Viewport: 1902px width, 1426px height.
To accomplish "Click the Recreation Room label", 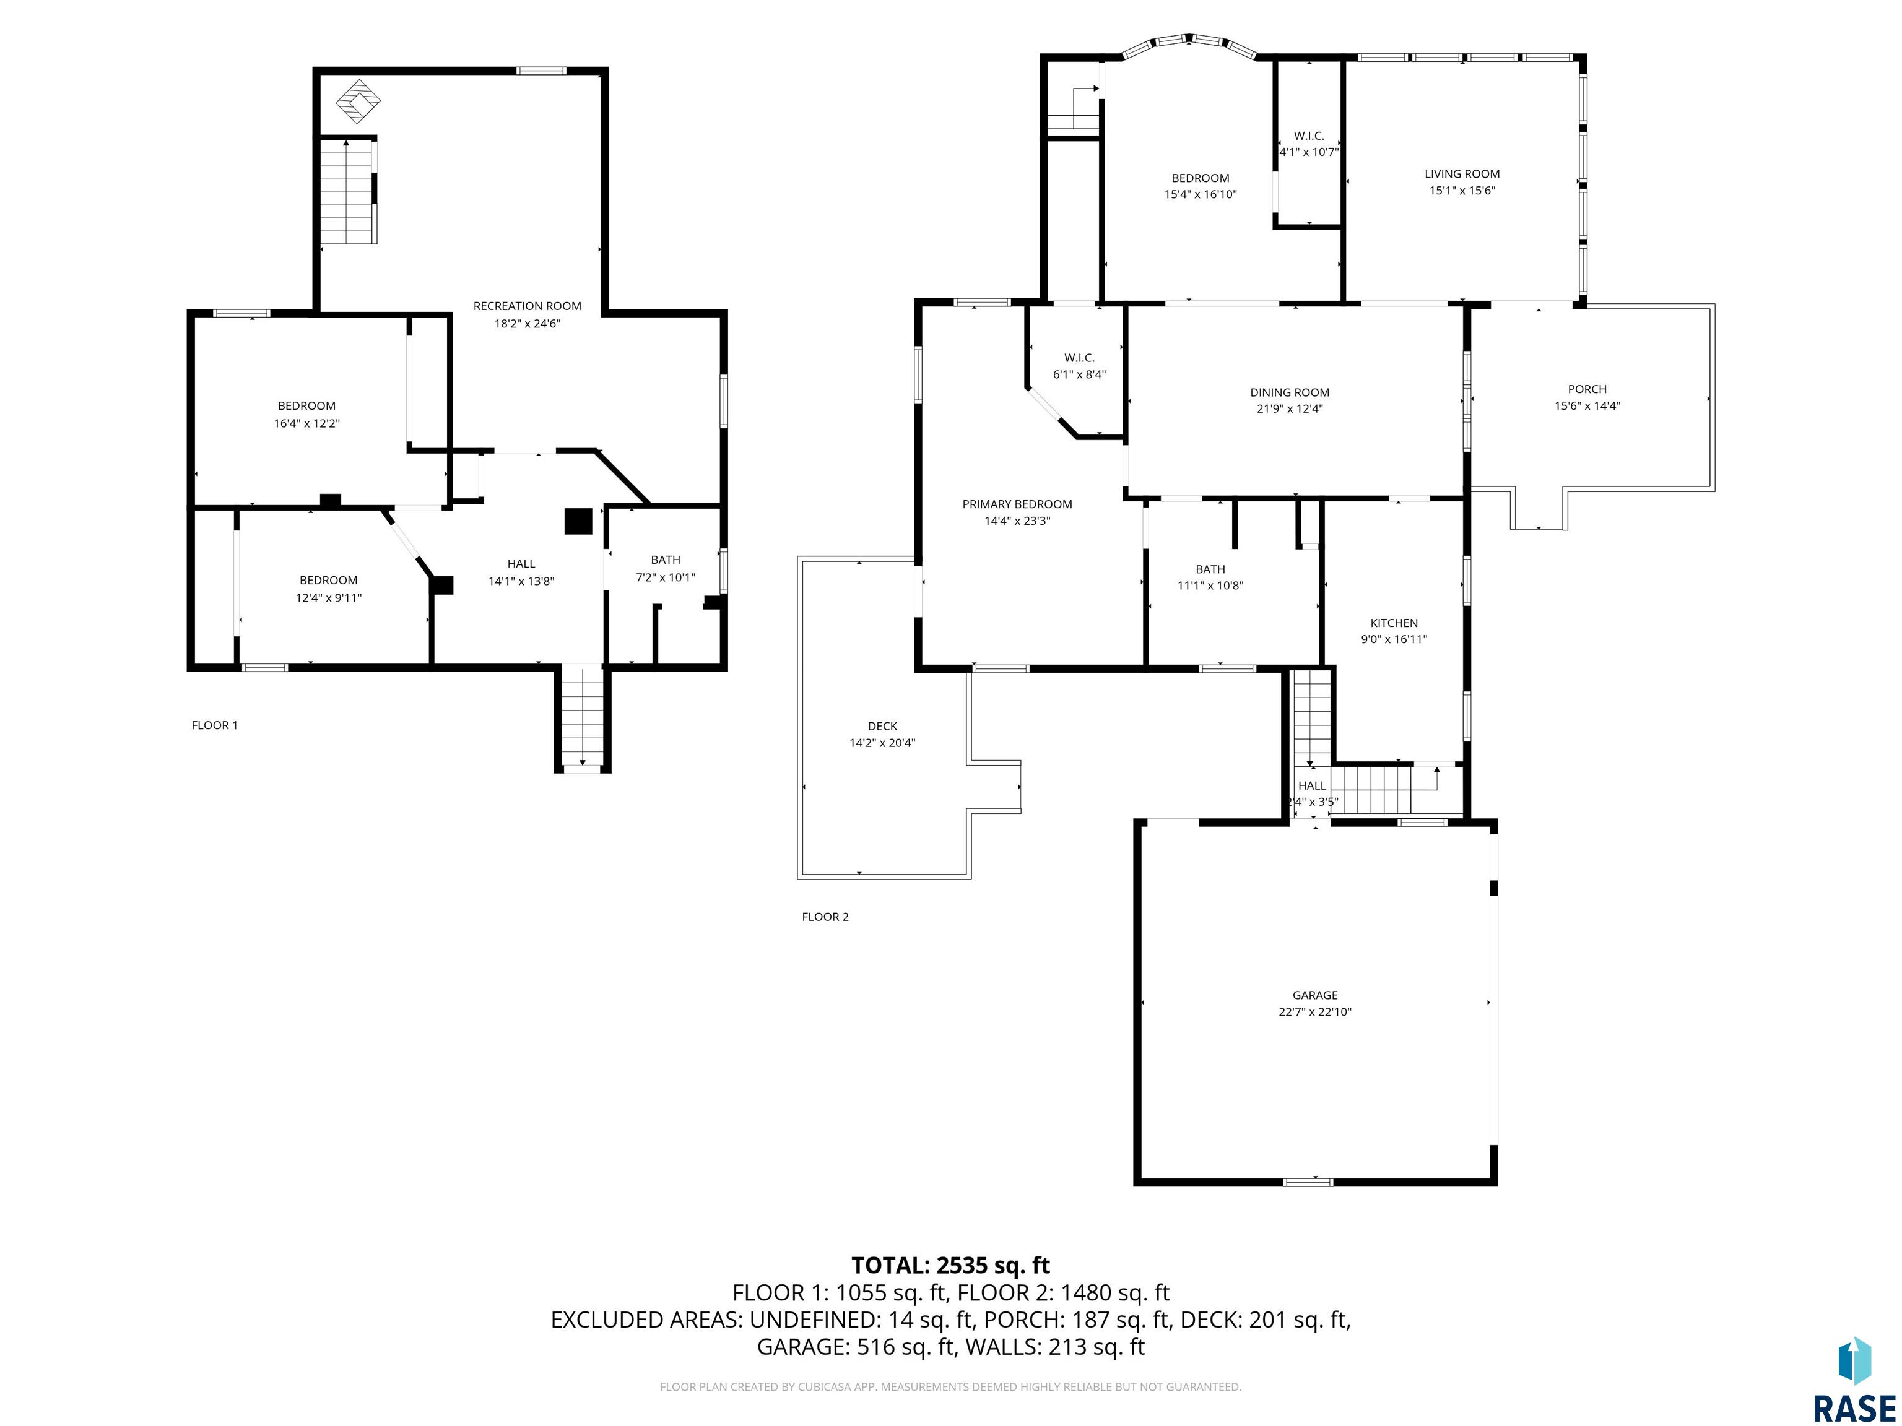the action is coord(527,306).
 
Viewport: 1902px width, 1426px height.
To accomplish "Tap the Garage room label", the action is coord(1314,995).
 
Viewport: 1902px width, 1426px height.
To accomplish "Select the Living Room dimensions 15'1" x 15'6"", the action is coord(1462,191).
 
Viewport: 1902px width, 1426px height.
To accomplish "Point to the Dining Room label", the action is coord(1290,393).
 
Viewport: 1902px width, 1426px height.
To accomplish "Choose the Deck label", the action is coord(882,727).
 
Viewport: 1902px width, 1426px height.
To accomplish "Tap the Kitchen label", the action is coord(1394,623).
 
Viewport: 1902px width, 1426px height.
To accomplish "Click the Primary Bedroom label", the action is coord(1017,504).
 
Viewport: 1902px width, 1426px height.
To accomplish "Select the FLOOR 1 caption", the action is coord(214,725).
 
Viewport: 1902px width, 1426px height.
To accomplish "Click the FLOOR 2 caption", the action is coord(825,917).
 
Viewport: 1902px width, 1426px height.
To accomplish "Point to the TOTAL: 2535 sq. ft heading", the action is coord(950,1265).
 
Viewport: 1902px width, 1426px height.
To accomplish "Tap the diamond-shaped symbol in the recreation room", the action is coord(358,102).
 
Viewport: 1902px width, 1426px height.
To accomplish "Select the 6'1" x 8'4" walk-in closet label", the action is coord(1079,366).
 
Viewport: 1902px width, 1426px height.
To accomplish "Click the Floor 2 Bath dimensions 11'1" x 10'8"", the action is coord(1210,586).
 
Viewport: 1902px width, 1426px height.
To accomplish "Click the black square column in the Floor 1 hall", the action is coord(578,522).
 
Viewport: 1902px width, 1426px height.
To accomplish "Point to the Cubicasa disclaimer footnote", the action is coord(950,1386).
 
